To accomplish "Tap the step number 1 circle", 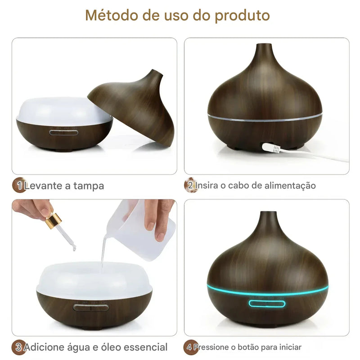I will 18,185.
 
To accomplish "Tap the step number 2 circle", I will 190,185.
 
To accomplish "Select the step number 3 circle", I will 18,347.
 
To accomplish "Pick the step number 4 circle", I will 190,347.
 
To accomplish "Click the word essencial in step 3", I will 144,347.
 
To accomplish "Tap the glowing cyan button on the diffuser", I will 267,303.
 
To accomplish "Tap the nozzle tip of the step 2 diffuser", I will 265,46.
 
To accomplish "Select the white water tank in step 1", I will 63,110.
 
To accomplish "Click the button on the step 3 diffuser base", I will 91,308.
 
